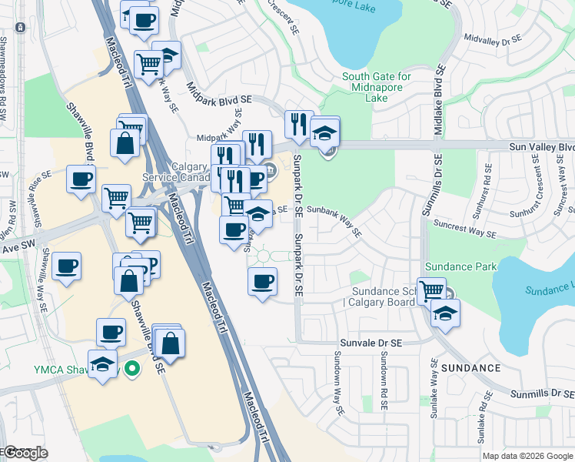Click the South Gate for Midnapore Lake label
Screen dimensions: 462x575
pyautogui.click(x=377, y=87)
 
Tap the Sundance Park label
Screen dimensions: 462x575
pyautogui.click(x=461, y=266)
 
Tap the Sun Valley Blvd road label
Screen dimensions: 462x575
pyautogui.click(x=541, y=146)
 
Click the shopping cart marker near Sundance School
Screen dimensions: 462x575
pyautogui.click(x=431, y=290)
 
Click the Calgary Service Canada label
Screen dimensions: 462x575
pyautogui.click(x=176, y=172)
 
